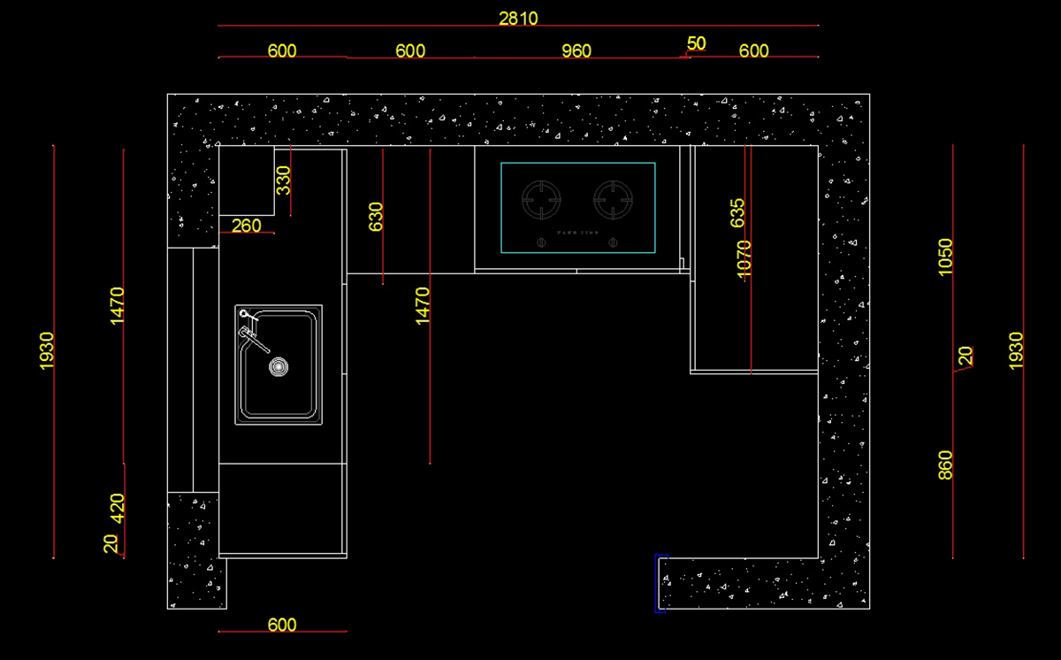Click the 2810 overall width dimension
pyautogui.click(x=518, y=18)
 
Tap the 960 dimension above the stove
pyautogui.click(x=576, y=51)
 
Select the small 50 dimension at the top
pyautogui.click(x=697, y=43)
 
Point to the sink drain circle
pyautogui.click(x=279, y=365)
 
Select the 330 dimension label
pyautogui.click(x=283, y=180)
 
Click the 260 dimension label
pyautogui.click(x=246, y=226)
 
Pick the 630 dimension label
pyautogui.click(x=376, y=217)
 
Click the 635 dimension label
pyautogui.click(x=738, y=213)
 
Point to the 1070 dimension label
pyautogui.click(x=744, y=259)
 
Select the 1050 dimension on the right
pyautogui.click(x=946, y=257)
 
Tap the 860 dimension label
pyautogui.click(x=946, y=465)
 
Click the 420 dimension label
pyautogui.click(x=118, y=509)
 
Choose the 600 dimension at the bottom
pyautogui.click(x=282, y=625)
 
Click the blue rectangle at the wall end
pyautogui.click(x=660, y=583)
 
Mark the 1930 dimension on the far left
pyautogui.click(x=47, y=350)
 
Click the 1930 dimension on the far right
pyautogui.click(x=1016, y=350)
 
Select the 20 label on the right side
pyautogui.click(x=966, y=356)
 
